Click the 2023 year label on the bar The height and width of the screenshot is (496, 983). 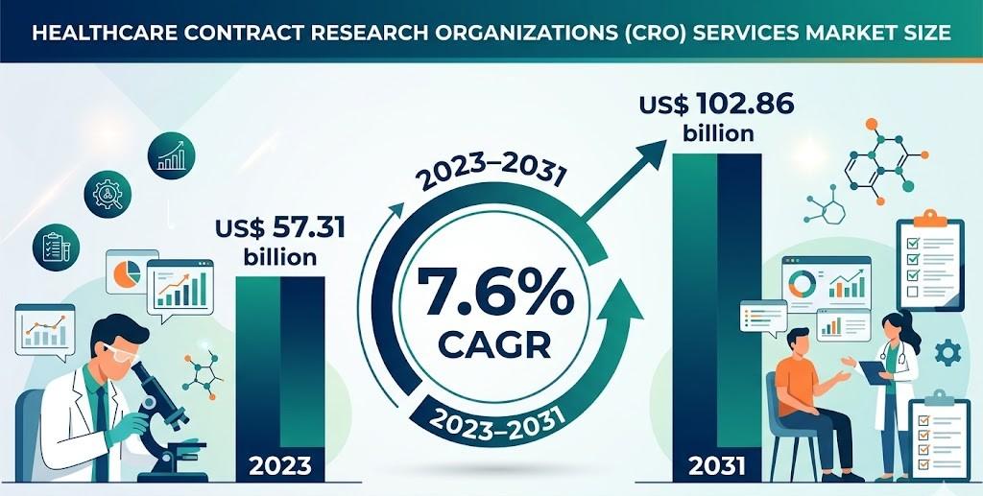(x=279, y=466)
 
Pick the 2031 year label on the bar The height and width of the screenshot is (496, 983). (x=717, y=466)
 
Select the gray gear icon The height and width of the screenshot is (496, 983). (x=948, y=353)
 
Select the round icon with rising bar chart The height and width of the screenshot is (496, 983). (x=171, y=154)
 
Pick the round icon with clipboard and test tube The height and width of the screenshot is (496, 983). (x=56, y=246)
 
